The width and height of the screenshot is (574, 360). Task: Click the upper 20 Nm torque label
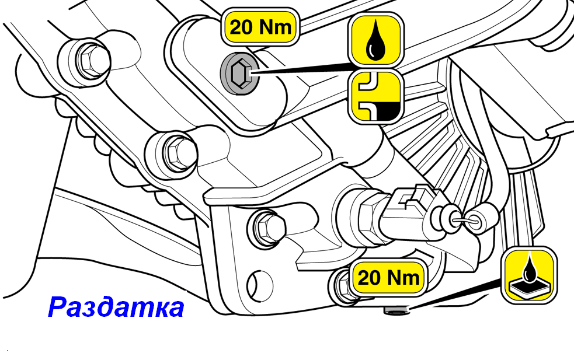260,28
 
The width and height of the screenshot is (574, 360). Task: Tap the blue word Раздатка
116,306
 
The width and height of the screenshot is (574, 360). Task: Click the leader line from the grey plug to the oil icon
304,68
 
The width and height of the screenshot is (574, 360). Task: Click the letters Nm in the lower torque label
403,278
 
